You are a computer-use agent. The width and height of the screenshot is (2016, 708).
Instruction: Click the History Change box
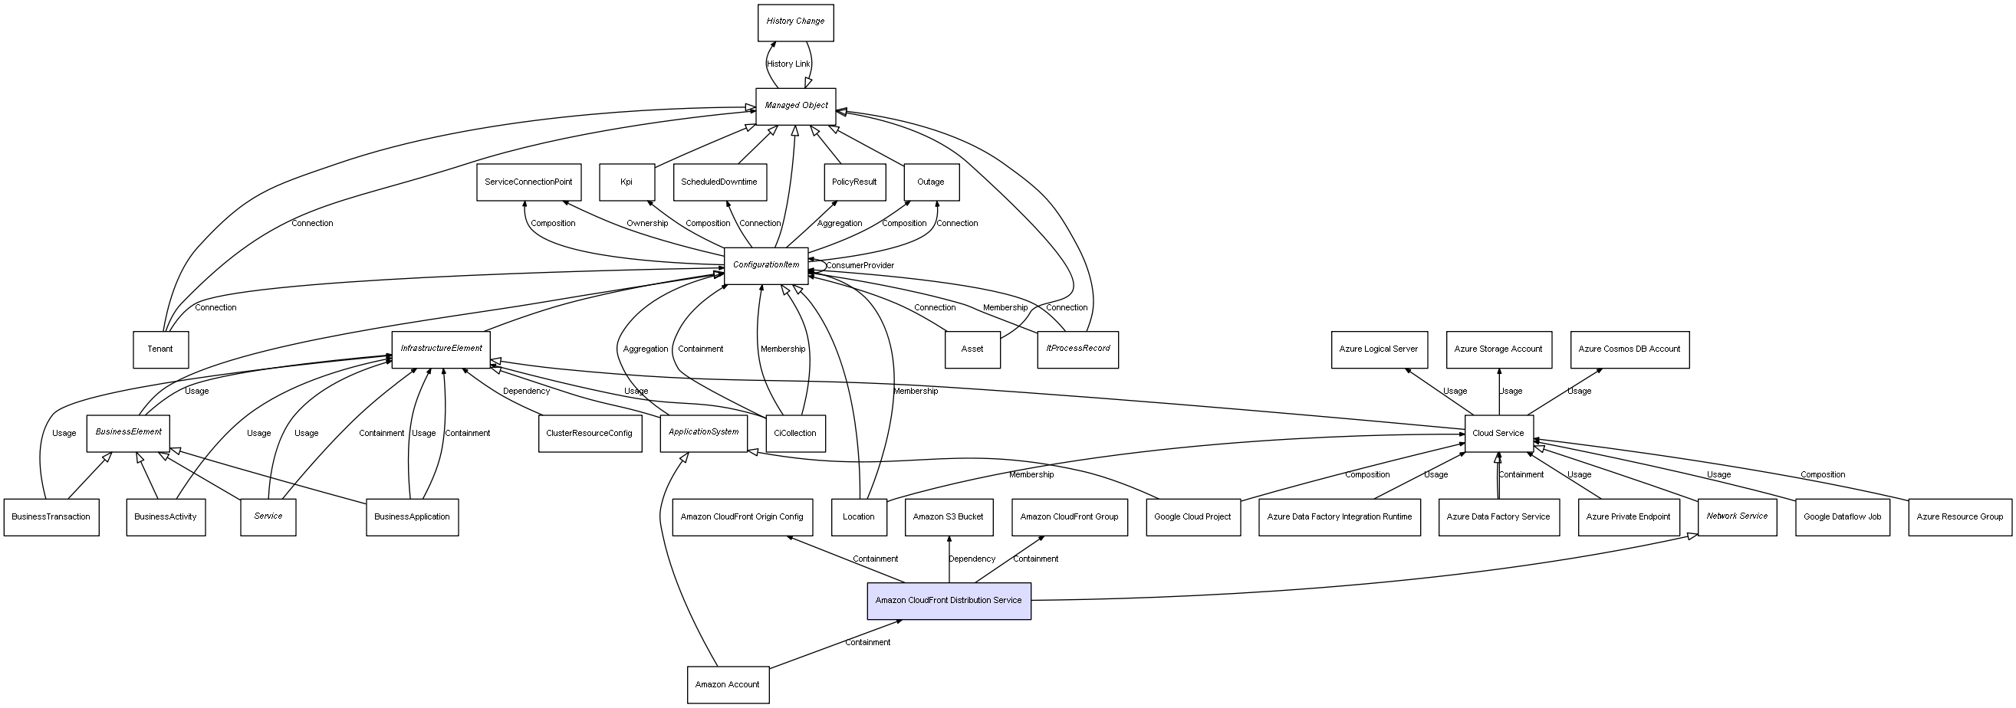pyautogui.click(x=795, y=22)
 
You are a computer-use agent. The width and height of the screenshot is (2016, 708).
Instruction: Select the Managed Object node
pyautogui.click(x=795, y=106)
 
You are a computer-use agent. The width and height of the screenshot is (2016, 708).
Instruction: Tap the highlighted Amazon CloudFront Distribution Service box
pyautogui.click(x=949, y=601)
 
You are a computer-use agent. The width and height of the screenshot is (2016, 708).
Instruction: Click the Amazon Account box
pyautogui.click(x=727, y=684)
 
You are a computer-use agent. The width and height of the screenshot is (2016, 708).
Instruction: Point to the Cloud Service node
pyautogui.click(x=1498, y=434)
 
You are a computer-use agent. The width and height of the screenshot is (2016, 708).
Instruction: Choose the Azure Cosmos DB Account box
pyautogui.click(x=1630, y=349)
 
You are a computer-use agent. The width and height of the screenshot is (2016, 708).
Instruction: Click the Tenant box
pyautogui.click(x=160, y=349)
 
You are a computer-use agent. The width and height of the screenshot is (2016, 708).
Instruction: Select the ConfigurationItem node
pyautogui.click(x=766, y=265)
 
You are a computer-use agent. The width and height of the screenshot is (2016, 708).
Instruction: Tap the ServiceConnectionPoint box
pyautogui.click(x=528, y=182)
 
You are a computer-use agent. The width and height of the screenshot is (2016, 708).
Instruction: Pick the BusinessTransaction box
pyautogui.click(x=51, y=517)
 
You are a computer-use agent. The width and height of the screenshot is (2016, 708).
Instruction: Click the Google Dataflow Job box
pyautogui.click(x=1842, y=517)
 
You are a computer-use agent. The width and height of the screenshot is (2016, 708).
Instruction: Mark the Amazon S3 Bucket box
pyautogui.click(x=949, y=517)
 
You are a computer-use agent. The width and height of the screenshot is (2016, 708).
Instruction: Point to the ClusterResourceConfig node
pyautogui.click(x=589, y=434)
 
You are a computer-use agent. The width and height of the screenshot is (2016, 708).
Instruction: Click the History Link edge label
pyautogui.click(x=789, y=64)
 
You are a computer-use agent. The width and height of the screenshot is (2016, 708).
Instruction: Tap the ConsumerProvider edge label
pyautogui.click(x=860, y=266)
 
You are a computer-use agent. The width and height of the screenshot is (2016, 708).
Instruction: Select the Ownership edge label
pyautogui.click(x=647, y=224)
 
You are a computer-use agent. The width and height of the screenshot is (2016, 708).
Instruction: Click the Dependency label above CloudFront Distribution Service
pyautogui.click(x=972, y=559)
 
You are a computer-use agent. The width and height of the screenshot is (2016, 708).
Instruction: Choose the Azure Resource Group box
pyautogui.click(x=1960, y=517)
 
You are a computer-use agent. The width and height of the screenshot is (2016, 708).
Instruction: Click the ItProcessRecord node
pyautogui.click(x=1077, y=349)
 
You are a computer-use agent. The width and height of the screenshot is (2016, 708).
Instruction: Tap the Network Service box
pyautogui.click(x=1738, y=516)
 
